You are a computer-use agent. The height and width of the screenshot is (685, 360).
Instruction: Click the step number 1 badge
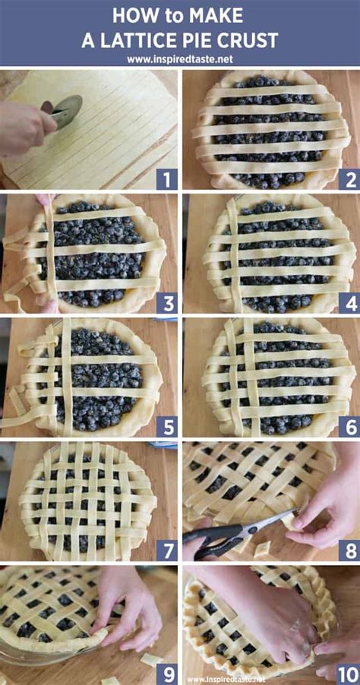(x=166, y=179)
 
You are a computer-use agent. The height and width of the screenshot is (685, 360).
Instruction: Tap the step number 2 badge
(x=349, y=179)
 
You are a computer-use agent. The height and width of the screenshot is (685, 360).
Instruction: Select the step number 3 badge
(x=166, y=303)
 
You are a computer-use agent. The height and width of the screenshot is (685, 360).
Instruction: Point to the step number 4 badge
(x=349, y=303)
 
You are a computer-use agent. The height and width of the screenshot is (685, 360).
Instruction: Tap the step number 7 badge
(x=166, y=549)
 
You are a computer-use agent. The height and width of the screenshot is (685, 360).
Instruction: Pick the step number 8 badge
(x=349, y=549)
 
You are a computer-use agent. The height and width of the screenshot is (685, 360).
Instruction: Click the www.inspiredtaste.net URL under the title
(x=180, y=58)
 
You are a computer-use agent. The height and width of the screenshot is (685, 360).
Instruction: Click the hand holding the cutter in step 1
(x=23, y=125)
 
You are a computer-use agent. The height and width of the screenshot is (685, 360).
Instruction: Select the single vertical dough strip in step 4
(x=235, y=254)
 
